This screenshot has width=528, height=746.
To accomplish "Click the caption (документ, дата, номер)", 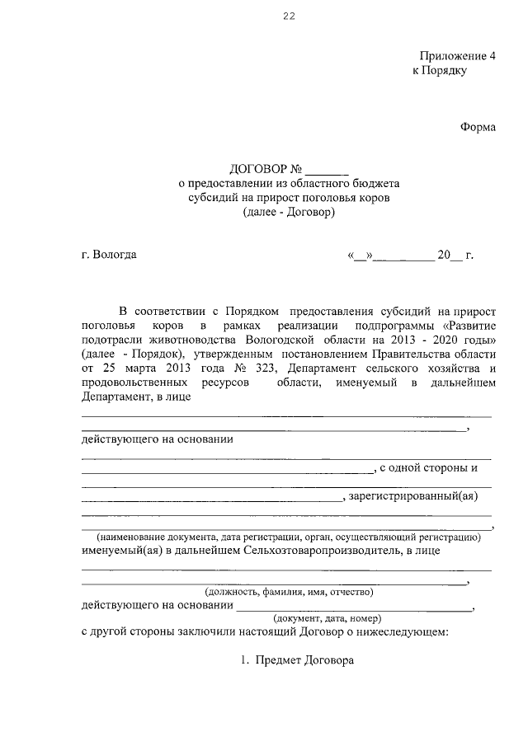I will coord(327,617).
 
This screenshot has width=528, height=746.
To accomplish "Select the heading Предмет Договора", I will coord(304,660).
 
